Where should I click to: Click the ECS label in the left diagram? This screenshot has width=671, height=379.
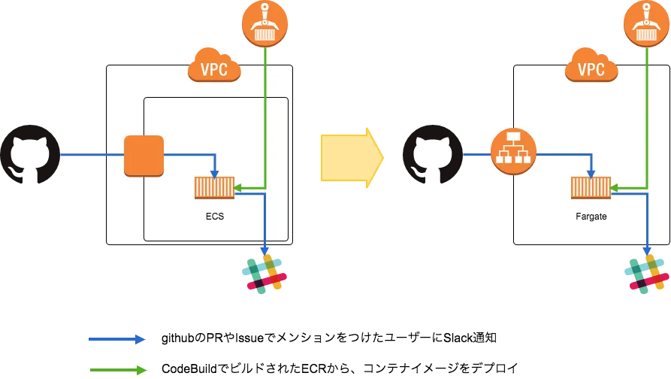(x=215, y=216)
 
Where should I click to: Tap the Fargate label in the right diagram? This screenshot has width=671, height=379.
(x=591, y=216)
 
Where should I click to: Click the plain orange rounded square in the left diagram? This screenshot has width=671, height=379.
(x=144, y=155)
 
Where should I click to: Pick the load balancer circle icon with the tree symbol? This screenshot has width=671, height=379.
(x=513, y=152)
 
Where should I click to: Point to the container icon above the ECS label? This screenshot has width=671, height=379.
(x=214, y=187)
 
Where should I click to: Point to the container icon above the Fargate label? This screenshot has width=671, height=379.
(x=590, y=187)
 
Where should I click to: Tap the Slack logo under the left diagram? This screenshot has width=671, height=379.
(x=264, y=274)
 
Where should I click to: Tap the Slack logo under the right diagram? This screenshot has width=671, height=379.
(x=645, y=274)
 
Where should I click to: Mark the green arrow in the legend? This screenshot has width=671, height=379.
(x=119, y=370)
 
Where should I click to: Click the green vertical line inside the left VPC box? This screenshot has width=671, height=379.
(x=264, y=120)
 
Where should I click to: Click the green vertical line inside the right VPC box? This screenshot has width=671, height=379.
(x=646, y=120)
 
